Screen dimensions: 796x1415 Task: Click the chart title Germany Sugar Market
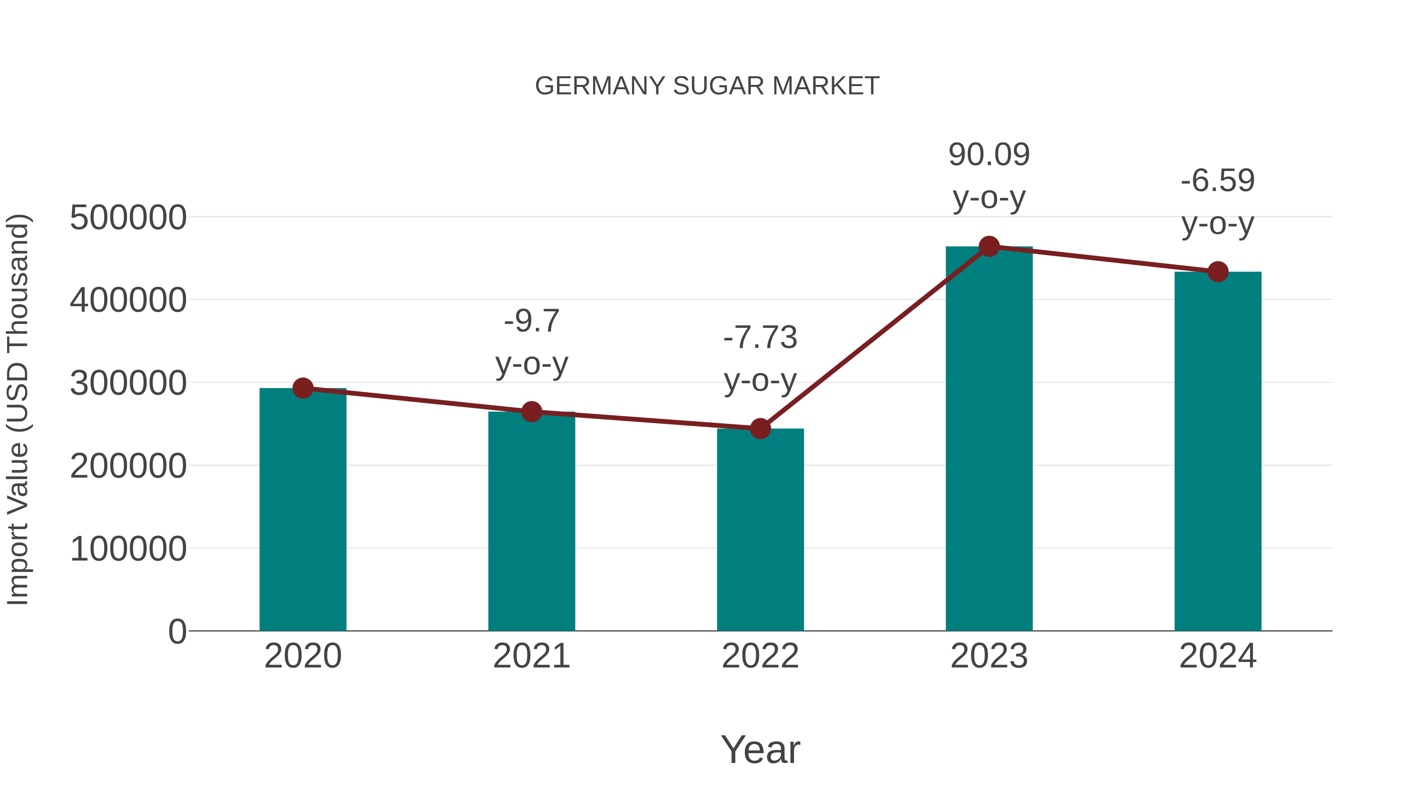tap(707, 86)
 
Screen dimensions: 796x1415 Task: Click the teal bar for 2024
tap(1218, 451)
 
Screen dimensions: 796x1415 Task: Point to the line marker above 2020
tap(303, 388)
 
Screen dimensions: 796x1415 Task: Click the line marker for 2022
tap(760, 428)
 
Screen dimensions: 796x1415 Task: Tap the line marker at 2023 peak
tap(989, 246)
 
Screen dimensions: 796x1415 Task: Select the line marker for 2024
tap(1218, 271)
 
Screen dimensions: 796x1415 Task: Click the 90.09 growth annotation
tap(989, 155)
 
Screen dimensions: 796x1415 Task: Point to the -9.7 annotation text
tap(531, 322)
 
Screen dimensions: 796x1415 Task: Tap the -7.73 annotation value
tap(760, 337)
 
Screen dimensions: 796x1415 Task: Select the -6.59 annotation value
tap(1218, 181)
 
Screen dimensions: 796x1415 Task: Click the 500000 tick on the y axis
tap(128, 217)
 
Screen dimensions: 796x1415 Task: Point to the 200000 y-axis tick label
tap(128, 466)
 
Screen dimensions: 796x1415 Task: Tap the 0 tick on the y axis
tap(177, 632)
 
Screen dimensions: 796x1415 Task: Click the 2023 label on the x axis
tap(989, 656)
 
